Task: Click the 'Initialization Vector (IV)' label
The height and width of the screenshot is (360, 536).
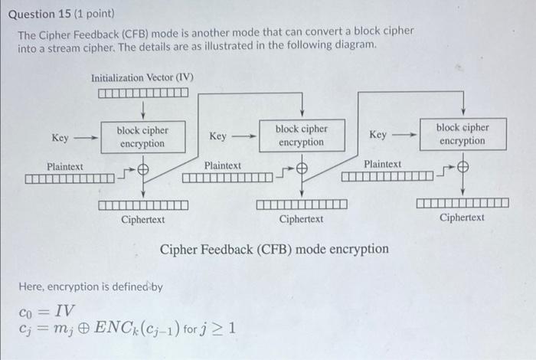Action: [142, 77]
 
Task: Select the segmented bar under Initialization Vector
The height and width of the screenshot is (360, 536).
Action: [142, 93]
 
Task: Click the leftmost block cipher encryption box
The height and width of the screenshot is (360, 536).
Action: [142, 137]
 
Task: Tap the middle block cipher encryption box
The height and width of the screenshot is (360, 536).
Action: [301, 136]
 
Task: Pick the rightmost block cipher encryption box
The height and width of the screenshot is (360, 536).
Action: [462, 134]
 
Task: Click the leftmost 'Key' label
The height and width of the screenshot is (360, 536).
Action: [60, 138]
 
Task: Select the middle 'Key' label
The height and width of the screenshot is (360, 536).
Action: [217, 136]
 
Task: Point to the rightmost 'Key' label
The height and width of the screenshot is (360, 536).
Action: [377, 135]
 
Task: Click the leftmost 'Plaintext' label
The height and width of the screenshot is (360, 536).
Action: [65, 166]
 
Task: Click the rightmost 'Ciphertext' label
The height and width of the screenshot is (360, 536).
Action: [462, 218]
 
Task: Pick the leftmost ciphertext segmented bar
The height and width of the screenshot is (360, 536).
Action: [143, 205]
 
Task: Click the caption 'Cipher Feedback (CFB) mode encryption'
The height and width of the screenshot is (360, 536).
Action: [273, 250]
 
